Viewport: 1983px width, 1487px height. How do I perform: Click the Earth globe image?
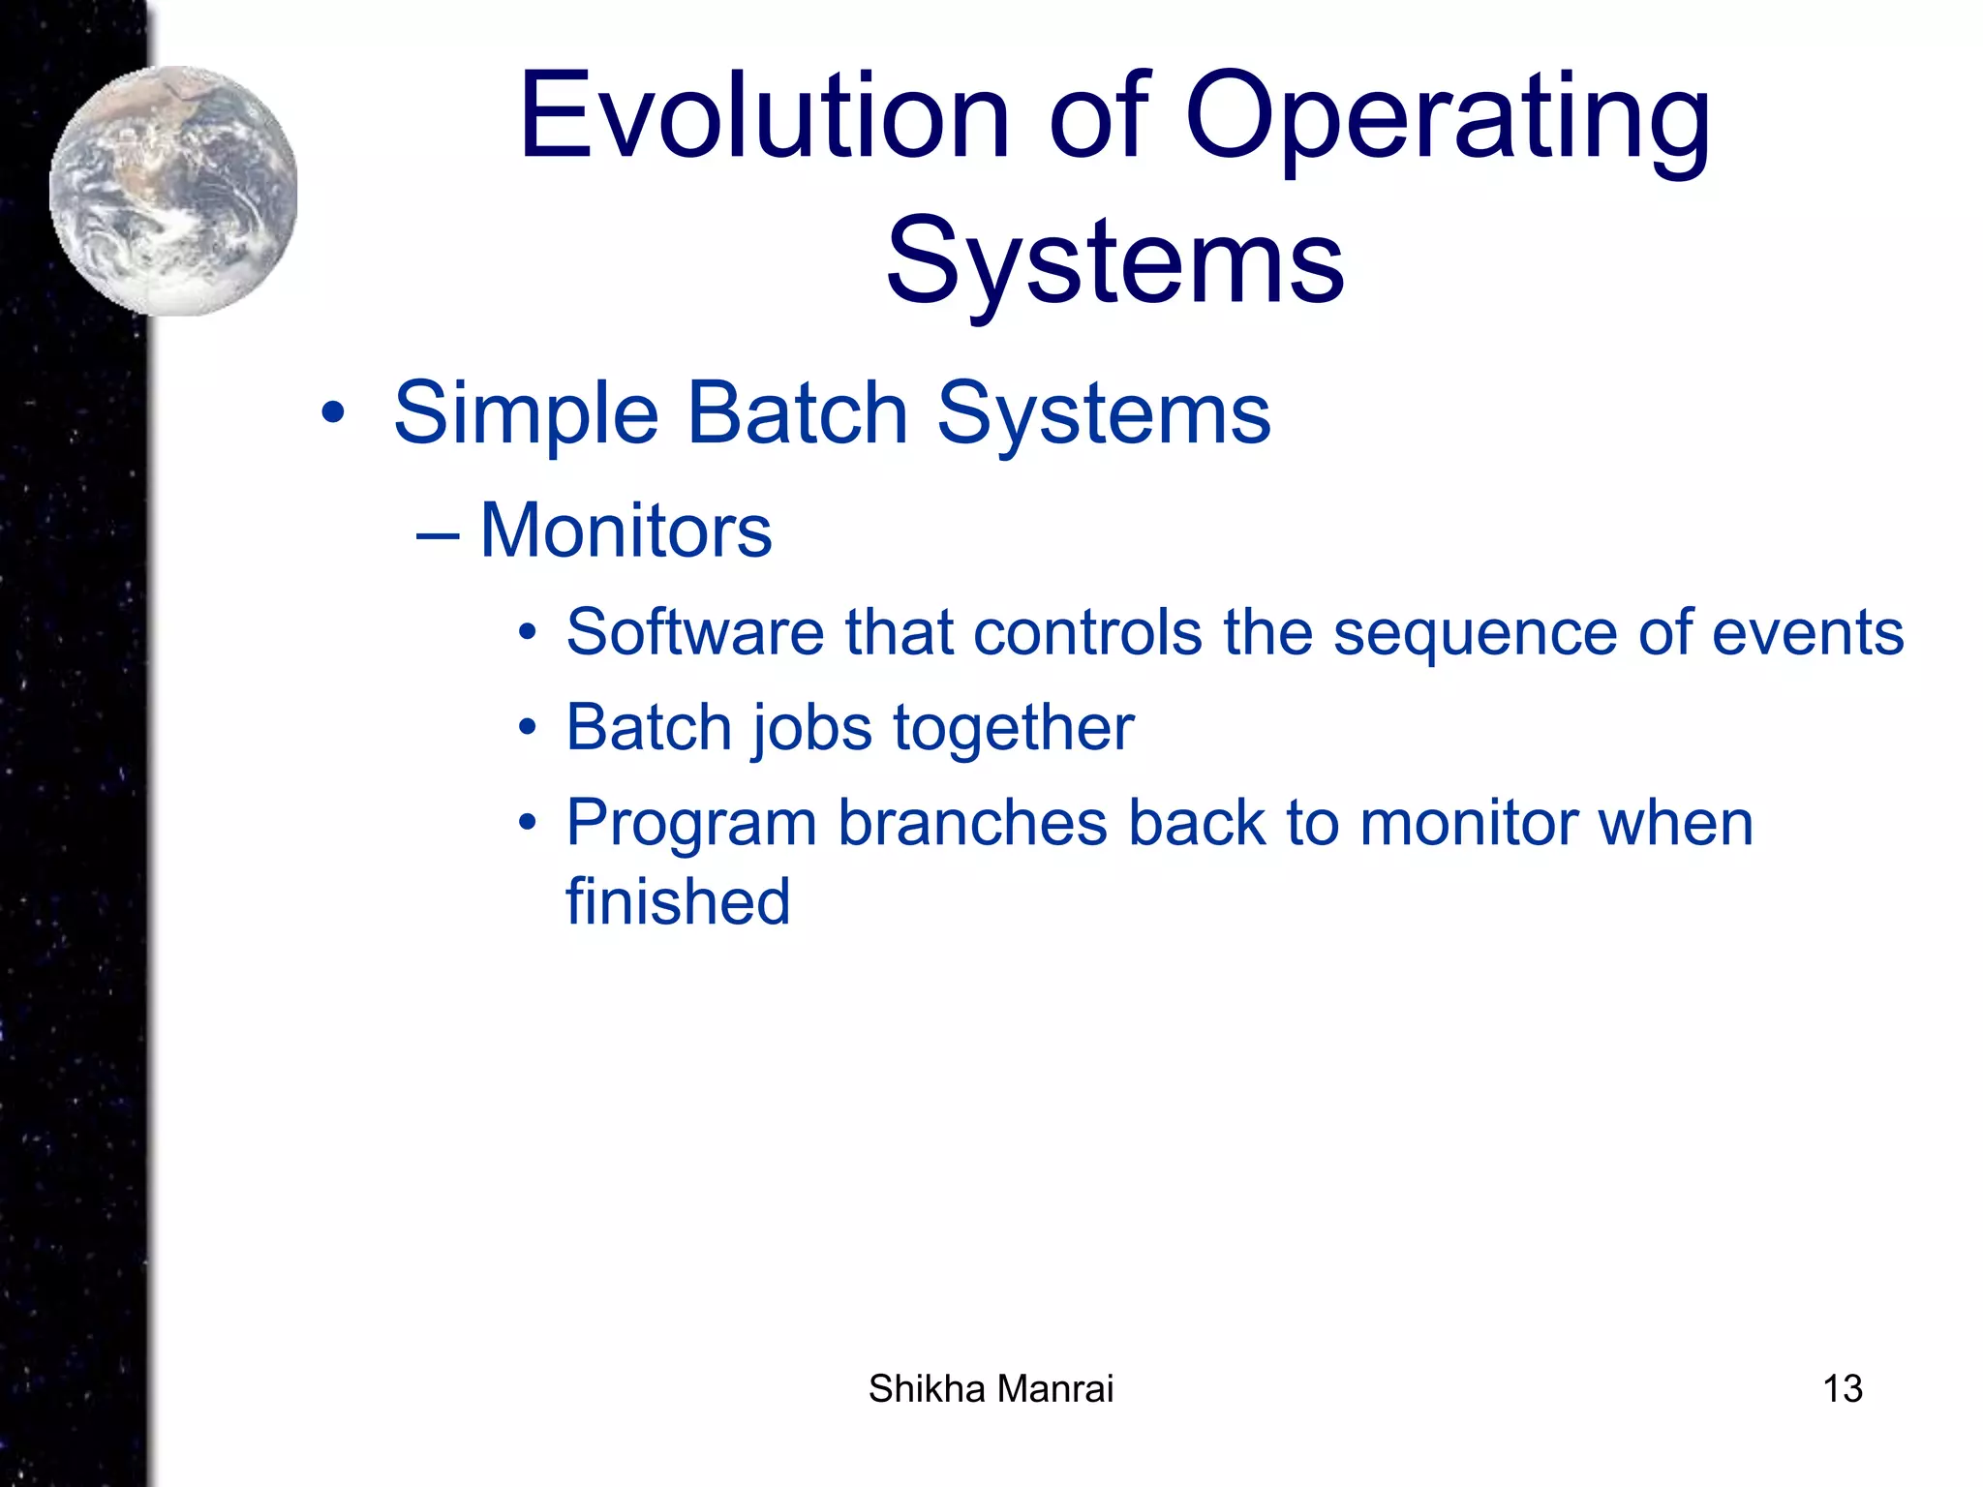[x=174, y=191]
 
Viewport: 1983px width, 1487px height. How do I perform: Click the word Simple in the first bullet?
[x=526, y=414]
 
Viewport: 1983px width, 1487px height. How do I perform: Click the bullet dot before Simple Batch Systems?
[x=332, y=415]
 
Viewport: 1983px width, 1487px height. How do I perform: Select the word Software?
[x=694, y=632]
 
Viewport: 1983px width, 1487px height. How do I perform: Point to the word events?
[x=1807, y=632]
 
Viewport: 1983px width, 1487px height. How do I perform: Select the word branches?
[x=972, y=823]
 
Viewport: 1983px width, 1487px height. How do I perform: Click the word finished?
[x=678, y=901]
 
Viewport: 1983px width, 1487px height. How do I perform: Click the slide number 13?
[x=1842, y=1389]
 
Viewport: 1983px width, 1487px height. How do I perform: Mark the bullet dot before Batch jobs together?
[x=527, y=728]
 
